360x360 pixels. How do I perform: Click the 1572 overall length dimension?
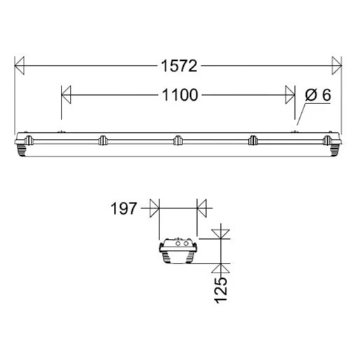pos(180,66)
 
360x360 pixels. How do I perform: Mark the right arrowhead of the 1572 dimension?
pos(338,66)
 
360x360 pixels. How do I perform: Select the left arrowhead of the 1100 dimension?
pos(67,94)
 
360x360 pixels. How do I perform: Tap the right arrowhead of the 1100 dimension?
pos(290,94)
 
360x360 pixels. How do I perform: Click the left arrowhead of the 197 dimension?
pos(156,207)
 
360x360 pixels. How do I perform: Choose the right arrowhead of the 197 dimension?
pos(202,207)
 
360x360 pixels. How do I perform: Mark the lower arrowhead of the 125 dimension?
pos(222,268)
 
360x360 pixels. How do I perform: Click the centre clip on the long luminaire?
pos(178,140)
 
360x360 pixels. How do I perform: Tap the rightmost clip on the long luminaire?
pos(328,140)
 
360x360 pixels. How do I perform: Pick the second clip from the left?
pos(102,140)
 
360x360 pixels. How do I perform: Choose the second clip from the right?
pos(254,140)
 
